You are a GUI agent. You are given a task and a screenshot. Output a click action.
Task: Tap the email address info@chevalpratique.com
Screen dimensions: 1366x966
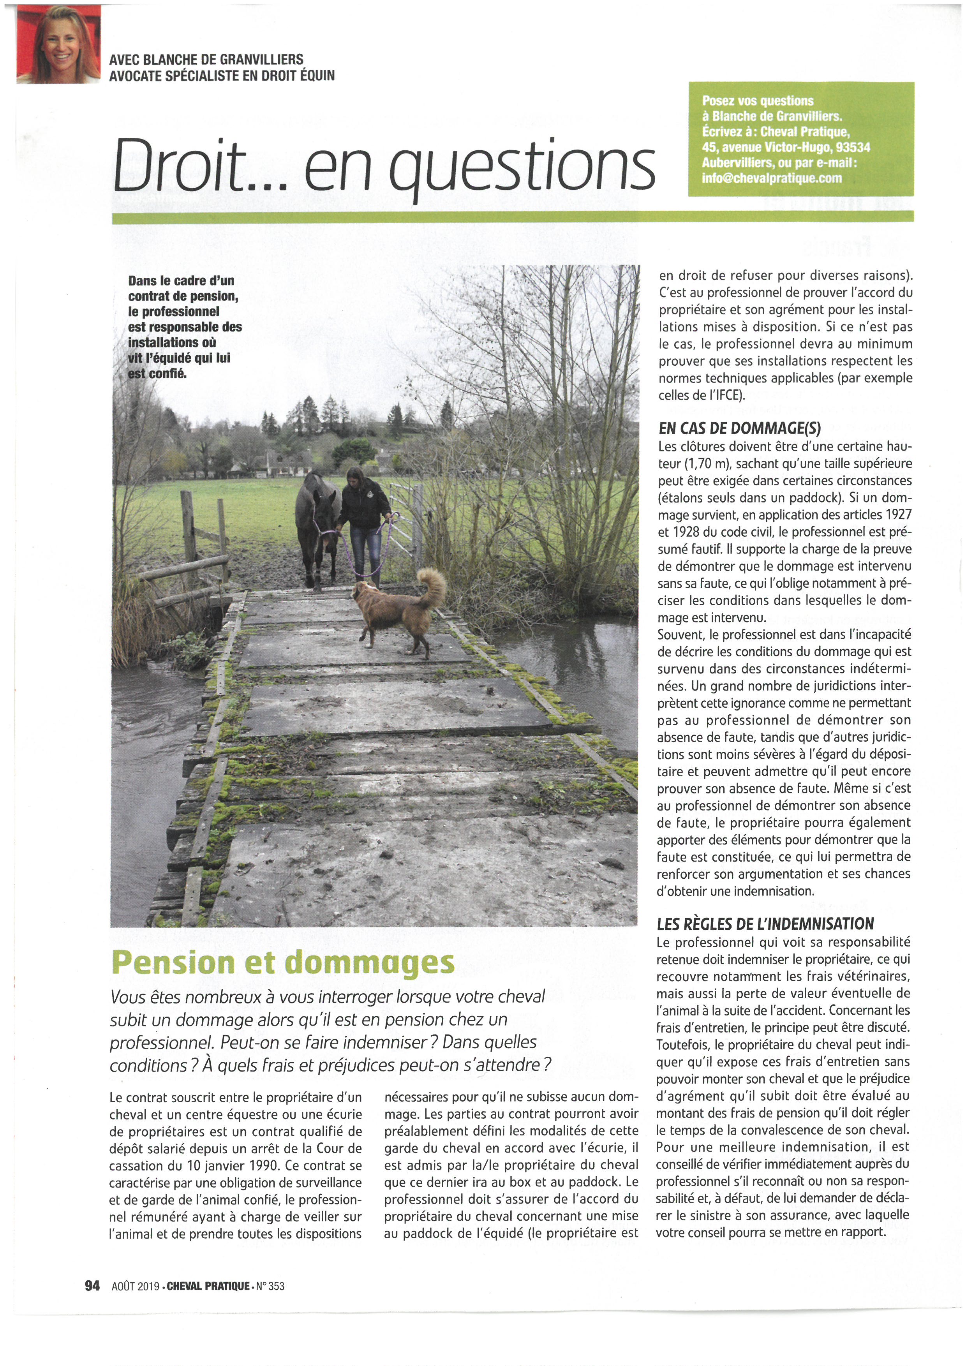coord(772,178)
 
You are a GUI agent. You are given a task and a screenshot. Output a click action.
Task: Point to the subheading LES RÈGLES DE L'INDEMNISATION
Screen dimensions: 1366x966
coord(765,924)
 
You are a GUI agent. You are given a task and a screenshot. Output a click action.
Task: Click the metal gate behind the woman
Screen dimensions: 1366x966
coord(407,512)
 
